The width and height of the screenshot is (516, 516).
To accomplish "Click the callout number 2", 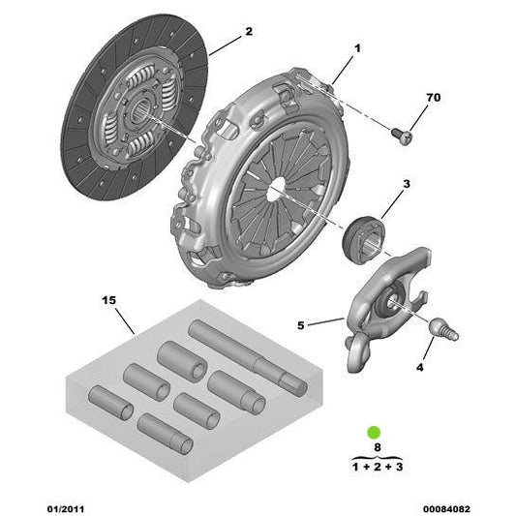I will click(x=248, y=32).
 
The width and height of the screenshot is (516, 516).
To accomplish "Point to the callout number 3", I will click(x=407, y=183).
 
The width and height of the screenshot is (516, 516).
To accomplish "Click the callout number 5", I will click(x=301, y=325).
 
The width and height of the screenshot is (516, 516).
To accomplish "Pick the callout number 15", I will click(x=107, y=301).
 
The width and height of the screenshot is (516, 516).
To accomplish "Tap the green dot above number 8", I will click(x=374, y=431).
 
